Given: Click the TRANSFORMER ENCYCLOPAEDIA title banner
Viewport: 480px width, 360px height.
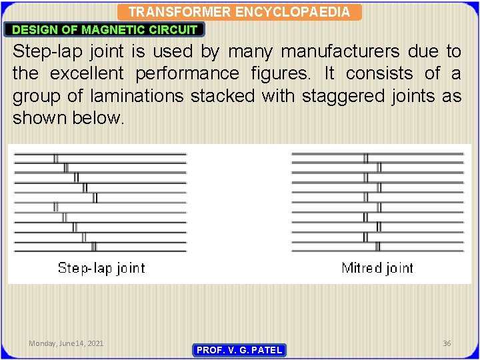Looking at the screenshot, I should click(x=239, y=12).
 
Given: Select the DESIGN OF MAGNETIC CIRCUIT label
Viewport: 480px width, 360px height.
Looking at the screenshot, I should click(x=105, y=29).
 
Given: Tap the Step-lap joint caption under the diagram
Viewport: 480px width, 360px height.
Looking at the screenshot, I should click(x=101, y=268).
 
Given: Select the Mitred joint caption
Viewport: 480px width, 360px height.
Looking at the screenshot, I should click(x=377, y=268).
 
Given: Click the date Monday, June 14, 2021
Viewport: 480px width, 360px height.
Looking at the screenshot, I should click(x=66, y=343).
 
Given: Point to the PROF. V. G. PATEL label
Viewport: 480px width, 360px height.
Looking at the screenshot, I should click(x=239, y=350).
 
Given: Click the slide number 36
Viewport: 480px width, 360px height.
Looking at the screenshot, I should click(x=447, y=343).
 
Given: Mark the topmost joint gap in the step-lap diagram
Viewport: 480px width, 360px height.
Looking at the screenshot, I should click(x=56, y=158).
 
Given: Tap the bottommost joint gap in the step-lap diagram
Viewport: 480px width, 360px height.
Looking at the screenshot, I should click(x=93, y=246).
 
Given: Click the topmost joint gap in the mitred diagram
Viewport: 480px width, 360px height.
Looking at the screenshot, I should click(x=365, y=158).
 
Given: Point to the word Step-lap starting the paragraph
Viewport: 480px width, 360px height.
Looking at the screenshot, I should click(x=46, y=51).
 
